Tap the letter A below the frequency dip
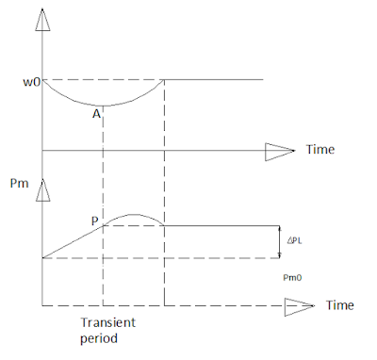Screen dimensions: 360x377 point(96,113)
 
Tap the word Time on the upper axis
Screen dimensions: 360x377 point(320,151)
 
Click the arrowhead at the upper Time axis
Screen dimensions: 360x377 point(280,150)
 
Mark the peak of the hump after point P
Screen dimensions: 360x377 point(133,216)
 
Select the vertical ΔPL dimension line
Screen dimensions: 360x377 point(281,241)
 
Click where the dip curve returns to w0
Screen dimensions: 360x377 point(165,78)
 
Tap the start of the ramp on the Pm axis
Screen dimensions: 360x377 point(41,257)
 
